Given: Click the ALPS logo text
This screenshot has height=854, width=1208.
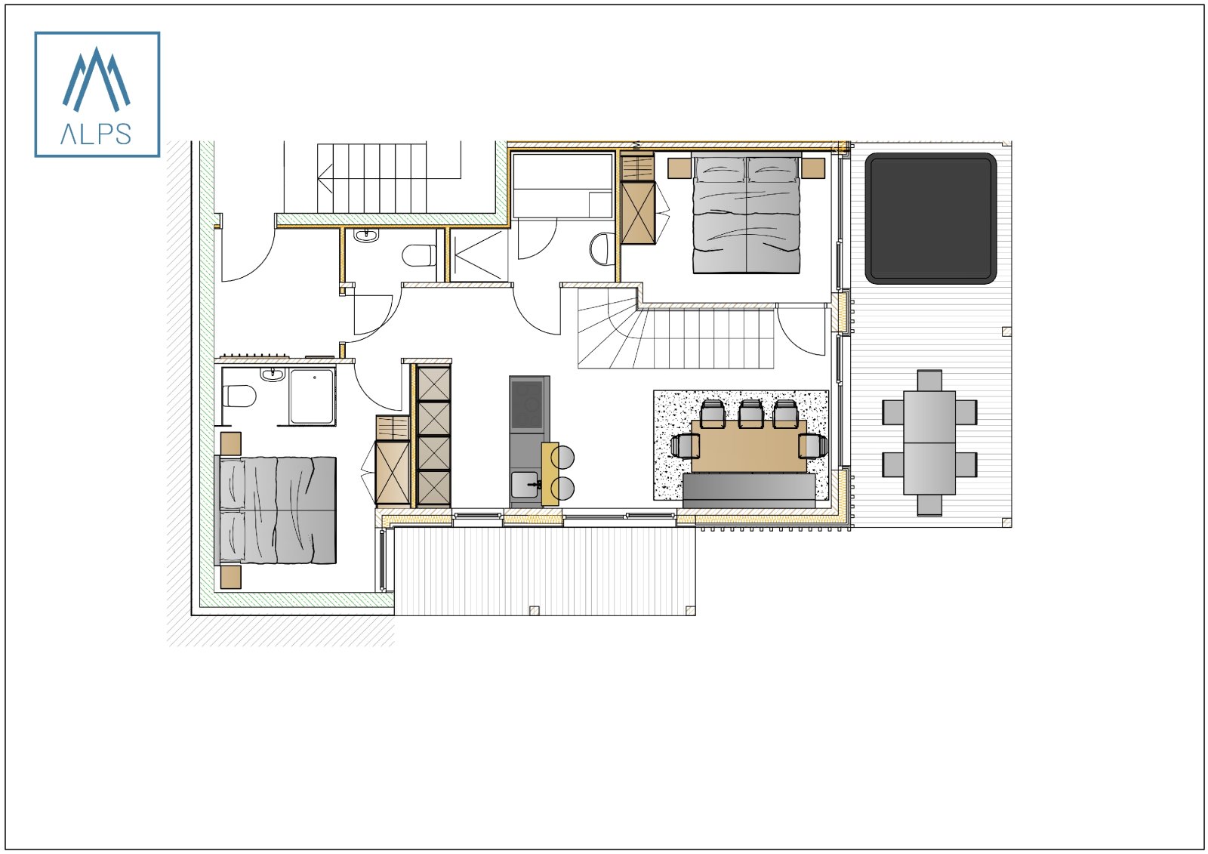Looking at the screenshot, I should [x=96, y=134].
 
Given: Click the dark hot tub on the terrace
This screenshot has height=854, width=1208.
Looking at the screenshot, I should [x=930, y=218].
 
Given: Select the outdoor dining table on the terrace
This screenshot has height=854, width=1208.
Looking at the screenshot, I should [x=929, y=442].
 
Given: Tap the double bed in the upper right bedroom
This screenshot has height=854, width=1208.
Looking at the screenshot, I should [x=746, y=212].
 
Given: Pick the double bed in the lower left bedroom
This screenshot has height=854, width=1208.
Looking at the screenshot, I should [x=276, y=510].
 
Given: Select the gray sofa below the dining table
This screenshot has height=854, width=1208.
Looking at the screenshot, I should [x=748, y=489].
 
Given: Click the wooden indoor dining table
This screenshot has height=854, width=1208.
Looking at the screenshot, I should [x=748, y=445].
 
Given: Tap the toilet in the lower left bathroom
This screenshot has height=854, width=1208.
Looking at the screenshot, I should [x=241, y=396].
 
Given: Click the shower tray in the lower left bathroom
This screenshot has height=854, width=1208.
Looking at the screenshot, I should [x=312, y=396].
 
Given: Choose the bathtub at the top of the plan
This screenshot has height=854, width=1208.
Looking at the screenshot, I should [x=562, y=185].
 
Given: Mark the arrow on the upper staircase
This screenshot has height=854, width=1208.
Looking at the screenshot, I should [x=326, y=178].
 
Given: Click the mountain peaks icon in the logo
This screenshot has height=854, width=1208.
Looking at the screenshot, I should [x=96, y=79].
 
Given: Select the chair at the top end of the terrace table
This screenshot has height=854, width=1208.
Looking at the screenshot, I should [x=929, y=380].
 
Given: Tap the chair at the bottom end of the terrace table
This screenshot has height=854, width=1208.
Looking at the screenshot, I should [x=929, y=504].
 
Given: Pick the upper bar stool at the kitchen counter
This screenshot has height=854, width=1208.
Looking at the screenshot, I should [x=563, y=458].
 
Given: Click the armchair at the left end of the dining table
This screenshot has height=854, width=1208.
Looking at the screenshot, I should [x=684, y=446].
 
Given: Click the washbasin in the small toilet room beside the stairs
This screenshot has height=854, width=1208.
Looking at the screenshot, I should [x=366, y=236].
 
